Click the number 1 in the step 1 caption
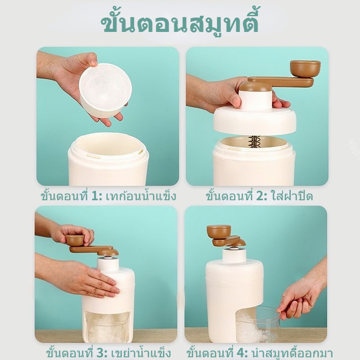[95, 196]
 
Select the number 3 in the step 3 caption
[100, 353]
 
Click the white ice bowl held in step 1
[105, 90]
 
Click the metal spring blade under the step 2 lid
[254, 141]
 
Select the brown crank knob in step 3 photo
[75, 240]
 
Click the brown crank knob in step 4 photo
[219, 231]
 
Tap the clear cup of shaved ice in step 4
[257, 324]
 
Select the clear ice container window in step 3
[108, 326]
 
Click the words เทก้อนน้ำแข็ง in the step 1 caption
[141, 196]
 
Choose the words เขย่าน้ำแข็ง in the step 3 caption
[141, 353]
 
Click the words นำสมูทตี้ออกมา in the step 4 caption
[292, 353]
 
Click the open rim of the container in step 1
[108, 147]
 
